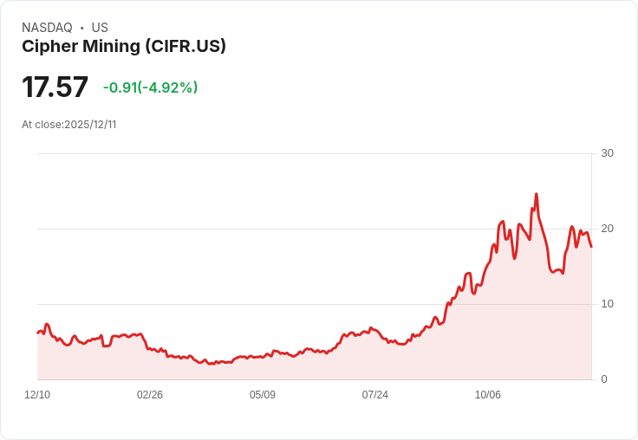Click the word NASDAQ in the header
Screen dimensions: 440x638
pos(47,28)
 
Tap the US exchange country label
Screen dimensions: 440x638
pos(100,28)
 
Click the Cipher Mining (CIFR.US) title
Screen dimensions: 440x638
pos(124,47)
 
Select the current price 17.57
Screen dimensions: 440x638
pos(55,87)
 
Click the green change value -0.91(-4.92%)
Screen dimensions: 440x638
pos(150,87)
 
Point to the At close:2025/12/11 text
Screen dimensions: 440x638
pos(69,125)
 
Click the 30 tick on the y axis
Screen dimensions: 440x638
pos(608,153)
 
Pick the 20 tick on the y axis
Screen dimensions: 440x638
pos(608,229)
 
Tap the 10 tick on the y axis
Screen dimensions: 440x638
pos(608,304)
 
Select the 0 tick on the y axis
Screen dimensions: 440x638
pos(604,379)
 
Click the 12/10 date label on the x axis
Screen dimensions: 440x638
pos(37,395)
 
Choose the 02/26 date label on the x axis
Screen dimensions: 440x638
pos(150,395)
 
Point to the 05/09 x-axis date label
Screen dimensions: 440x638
pos(263,395)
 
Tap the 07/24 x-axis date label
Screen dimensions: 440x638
pos(375,395)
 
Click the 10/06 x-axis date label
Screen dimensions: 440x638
pos(488,395)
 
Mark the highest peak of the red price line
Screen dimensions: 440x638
pos(537,194)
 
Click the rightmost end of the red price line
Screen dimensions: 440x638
pos(591,247)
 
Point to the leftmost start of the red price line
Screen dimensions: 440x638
pos(37,333)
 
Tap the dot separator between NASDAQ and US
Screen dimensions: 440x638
pos(82,28)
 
